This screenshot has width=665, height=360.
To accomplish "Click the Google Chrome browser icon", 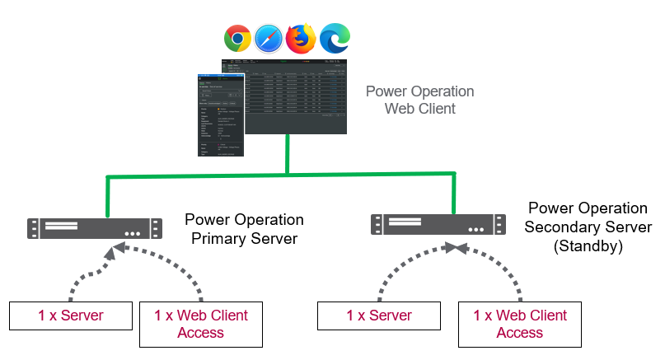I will tap(237, 38).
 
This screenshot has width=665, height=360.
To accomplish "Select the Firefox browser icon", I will tap(301, 38).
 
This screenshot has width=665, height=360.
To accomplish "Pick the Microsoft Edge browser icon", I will tap(334, 38).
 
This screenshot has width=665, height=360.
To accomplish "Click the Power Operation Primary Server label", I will tap(244, 229).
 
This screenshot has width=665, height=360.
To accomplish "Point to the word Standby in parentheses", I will tap(589, 245).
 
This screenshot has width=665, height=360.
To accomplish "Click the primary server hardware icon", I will tap(92, 228).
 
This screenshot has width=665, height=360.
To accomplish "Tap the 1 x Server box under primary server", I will tap(70, 316).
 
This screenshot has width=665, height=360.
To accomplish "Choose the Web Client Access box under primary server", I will tap(200, 324).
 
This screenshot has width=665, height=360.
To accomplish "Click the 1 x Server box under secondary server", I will tap(379, 316).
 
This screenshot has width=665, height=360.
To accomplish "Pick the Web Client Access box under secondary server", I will tap(519, 324).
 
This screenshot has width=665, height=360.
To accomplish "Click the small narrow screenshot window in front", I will tap(222, 115).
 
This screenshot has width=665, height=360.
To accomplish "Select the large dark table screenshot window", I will tap(297, 95).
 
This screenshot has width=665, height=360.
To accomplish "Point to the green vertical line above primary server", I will tap(107, 196).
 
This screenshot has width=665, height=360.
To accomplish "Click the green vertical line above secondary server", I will tap(453, 193).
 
